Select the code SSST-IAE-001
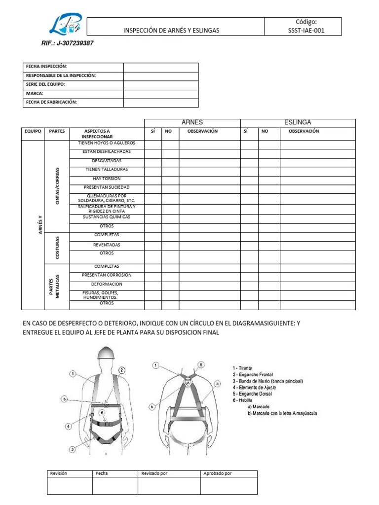pyautogui.click(x=303, y=31)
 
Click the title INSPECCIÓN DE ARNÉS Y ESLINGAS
pyautogui.click(x=171, y=31)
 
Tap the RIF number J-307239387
pyautogui.click(x=68, y=43)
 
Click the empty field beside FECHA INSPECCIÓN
pyautogui.click(x=160, y=67)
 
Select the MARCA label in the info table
pyautogui.click(x=35, y=93)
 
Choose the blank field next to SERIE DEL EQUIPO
pyautogui.click(x=160, y=85)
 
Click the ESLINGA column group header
pyautogui.click(x=298, y=122)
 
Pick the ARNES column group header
pyautogui.click(x=192, y=122)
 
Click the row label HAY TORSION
pyautogui.click(x=106, y=179)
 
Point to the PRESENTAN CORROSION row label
pyautogui.click(x=106, y=275)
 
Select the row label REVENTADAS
pyautogui.click(x=106, y=245)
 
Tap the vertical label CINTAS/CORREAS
pyautogui.click(x=57, y=186)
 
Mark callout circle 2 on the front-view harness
pyautogui.click(x=122, y=369)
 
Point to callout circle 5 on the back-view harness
pyautogui.click(x=201, y=364)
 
